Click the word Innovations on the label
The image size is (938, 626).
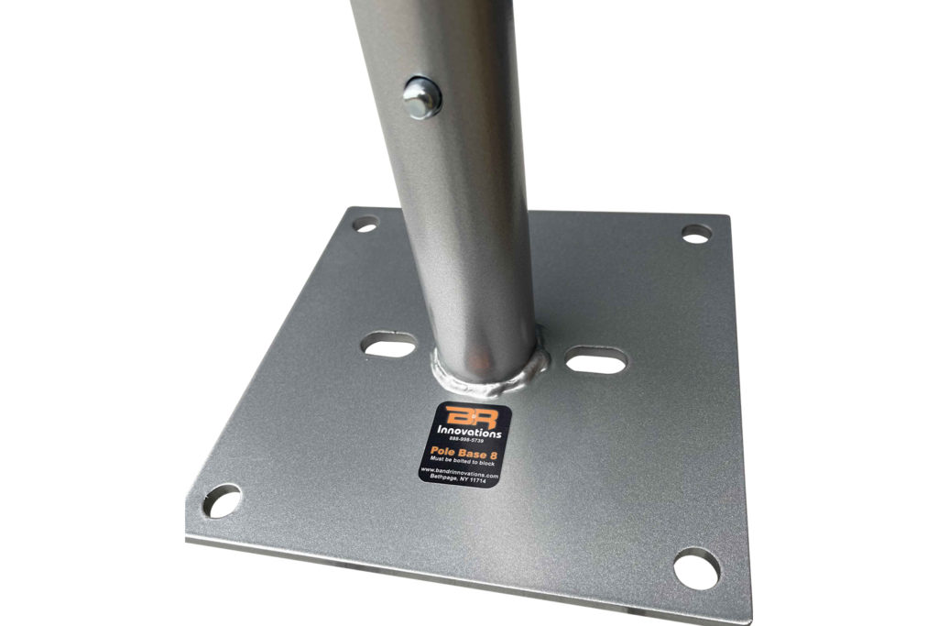point(468,432)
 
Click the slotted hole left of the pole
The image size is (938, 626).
point(389,346)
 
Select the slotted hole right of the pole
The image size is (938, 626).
point(596,360)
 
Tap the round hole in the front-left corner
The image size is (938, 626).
point(221,501)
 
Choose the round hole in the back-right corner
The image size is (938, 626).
point(696,235)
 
